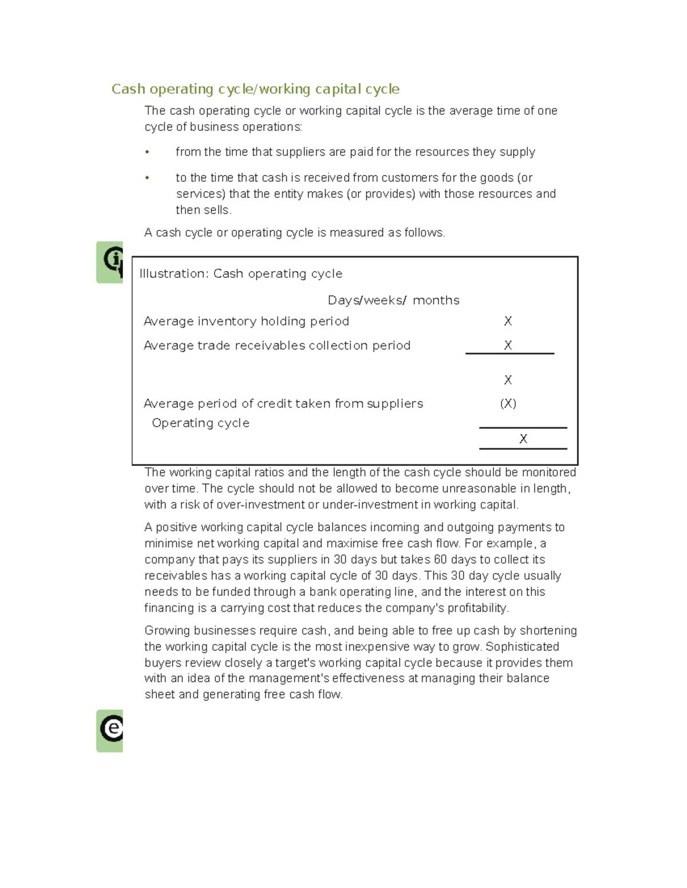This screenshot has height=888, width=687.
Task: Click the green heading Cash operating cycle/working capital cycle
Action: (255, 89)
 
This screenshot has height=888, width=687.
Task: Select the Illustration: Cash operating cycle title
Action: (240, 274)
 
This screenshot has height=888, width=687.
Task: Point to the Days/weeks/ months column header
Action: (393, 301)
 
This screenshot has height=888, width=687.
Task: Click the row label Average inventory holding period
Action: (246, 321)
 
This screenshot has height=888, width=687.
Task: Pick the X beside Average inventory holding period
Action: (508, 321)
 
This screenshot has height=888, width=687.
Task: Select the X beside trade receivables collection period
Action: (508, 345)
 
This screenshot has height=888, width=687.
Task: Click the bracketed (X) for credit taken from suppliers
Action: (508, 404)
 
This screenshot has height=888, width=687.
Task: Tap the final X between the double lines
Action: (523, 439)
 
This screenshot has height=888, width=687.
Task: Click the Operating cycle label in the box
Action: (200, 423)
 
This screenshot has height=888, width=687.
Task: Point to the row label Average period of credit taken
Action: (283, 404)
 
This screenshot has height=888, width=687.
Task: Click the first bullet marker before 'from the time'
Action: (147, 152)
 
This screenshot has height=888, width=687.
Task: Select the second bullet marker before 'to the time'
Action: (147, 178)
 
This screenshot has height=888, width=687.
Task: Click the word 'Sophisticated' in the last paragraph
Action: (522, 647)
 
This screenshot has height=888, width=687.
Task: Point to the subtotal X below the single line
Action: (508, 380)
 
